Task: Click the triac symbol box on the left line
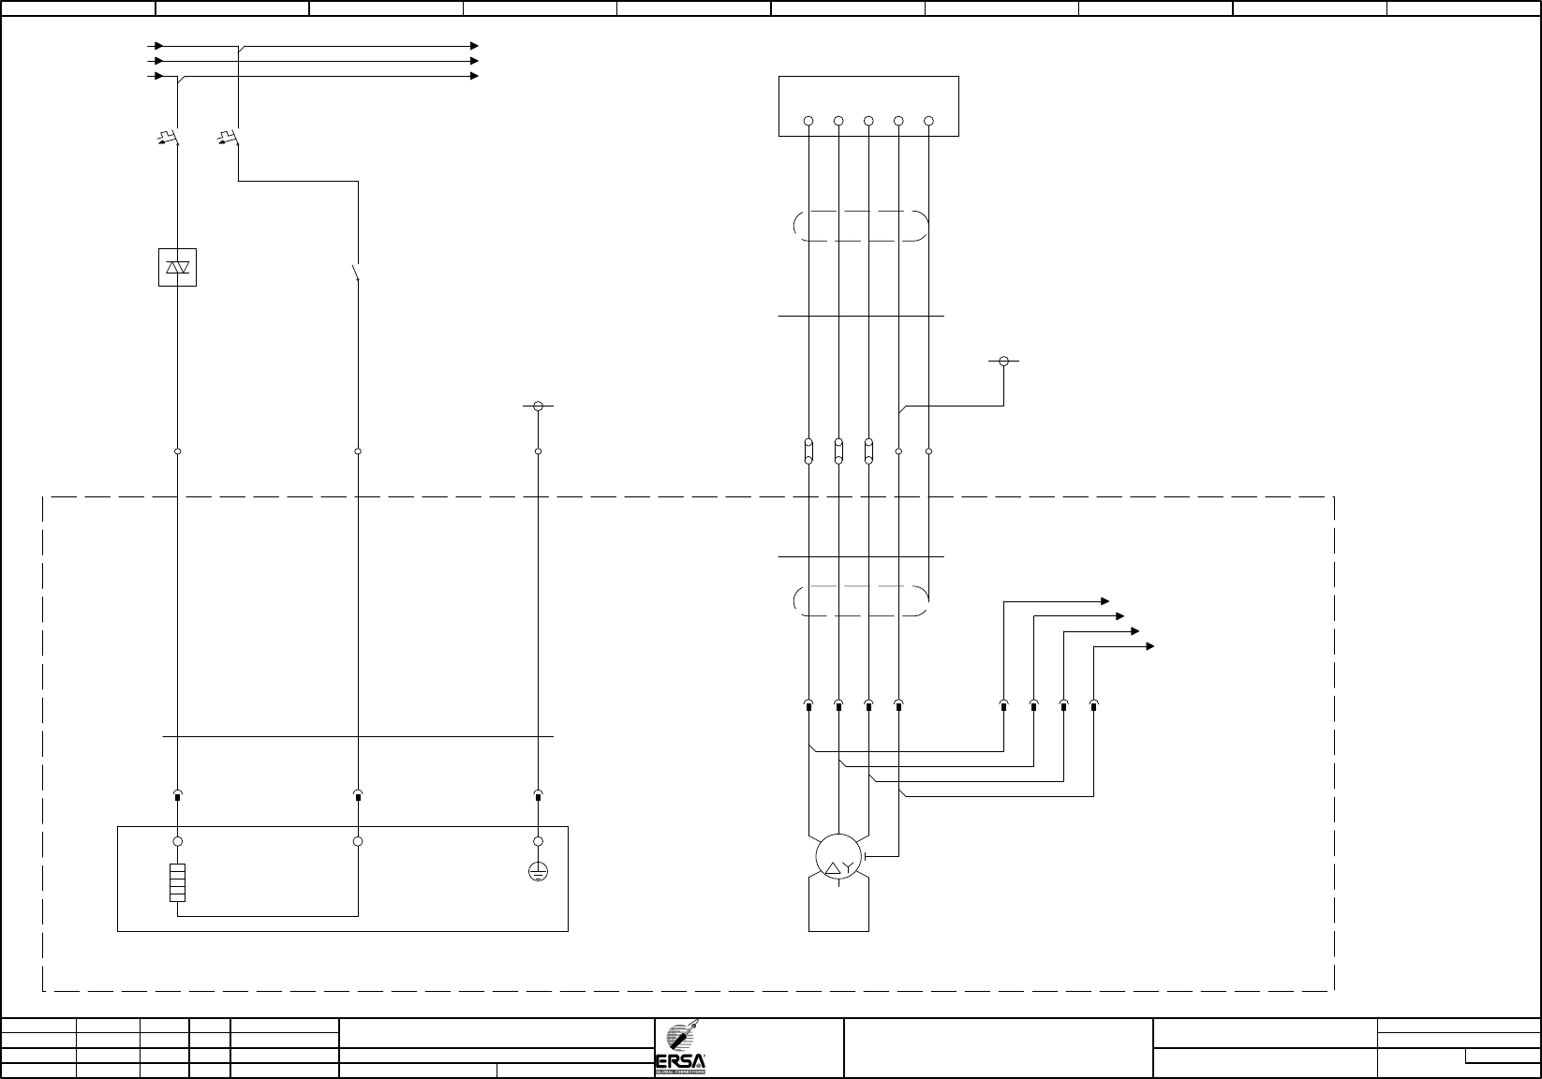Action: [177, 267]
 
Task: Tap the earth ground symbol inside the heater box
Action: [538, 871]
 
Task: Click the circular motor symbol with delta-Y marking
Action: [838, 855]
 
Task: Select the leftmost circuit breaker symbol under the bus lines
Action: [170, 140]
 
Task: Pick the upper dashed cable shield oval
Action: [860, 226]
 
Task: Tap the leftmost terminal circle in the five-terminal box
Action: [808, 121]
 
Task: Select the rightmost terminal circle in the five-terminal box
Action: [928, 121]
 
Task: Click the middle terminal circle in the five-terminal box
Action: [868, 121]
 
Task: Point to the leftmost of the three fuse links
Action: [808, 451]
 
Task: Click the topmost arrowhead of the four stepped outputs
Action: [1105, 600]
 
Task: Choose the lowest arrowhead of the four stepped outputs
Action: [1150, 646]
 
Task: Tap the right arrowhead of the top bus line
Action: [475, 45]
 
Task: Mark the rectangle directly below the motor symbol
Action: [838, 904]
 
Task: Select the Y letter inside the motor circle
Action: [848, 869]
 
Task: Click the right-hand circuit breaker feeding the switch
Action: [230, 140]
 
